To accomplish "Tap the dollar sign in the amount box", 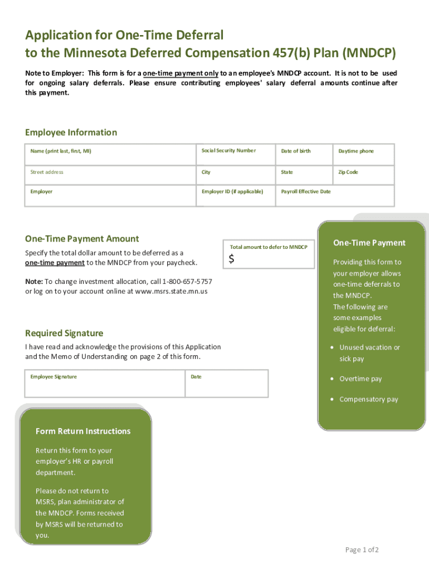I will tap(232, 259).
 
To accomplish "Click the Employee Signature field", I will tap(105, 384).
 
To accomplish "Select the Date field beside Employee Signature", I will tap(226, 384).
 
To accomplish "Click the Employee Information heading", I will tap(71, 132).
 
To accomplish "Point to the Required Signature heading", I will tap(64, 333).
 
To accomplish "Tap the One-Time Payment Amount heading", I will tap(82, 239).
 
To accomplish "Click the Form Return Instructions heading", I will tap(83, 431).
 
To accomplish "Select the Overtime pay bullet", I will tap(360, 379).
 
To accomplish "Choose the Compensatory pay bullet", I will tap(368, 400).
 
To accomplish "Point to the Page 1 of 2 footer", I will tap(362, 550).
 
